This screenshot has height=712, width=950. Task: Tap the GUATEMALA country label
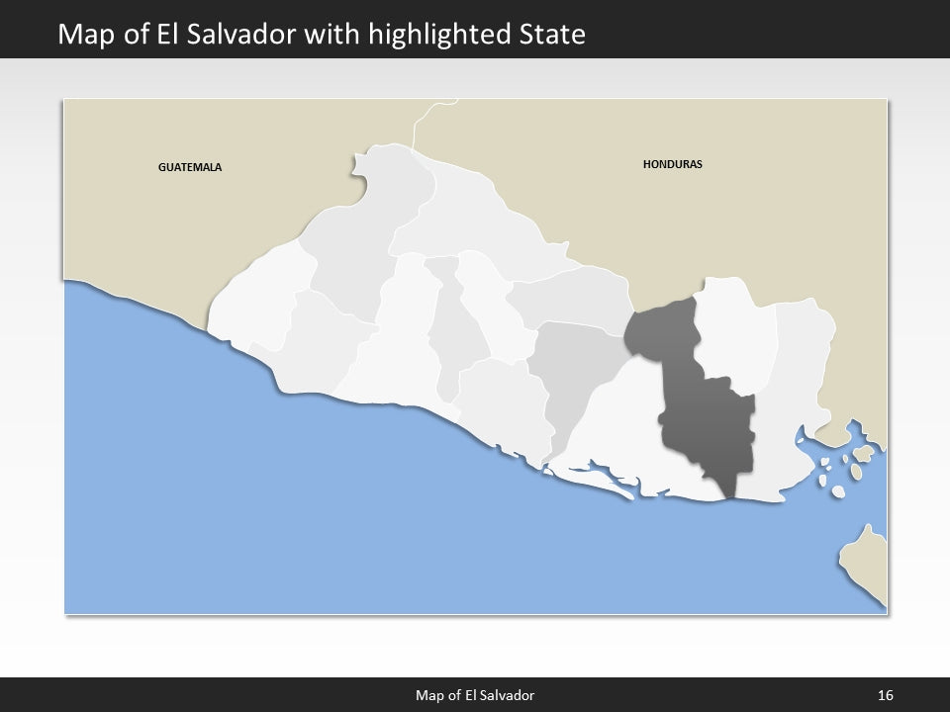pyautogui.click(x=190, y=167)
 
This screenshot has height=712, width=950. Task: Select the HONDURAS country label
pyautogui.click(x=672, y=164)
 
